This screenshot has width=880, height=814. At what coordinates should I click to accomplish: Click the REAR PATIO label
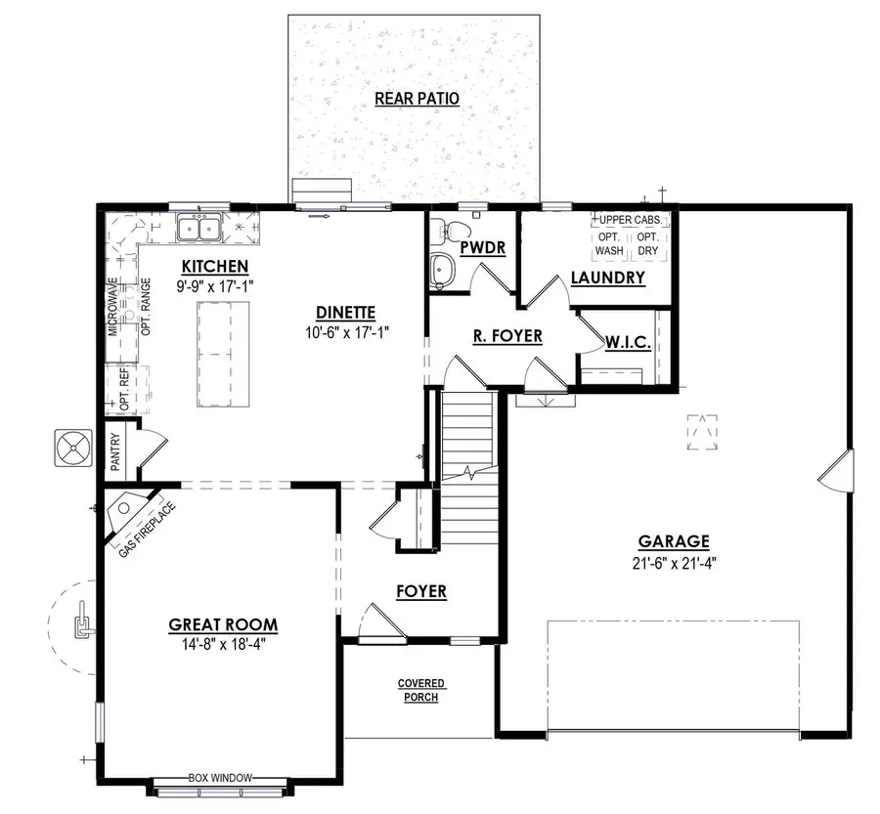[418, 99]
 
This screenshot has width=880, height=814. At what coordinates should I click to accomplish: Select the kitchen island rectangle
[223, 346]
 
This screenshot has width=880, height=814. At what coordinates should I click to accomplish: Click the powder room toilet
[449, 232]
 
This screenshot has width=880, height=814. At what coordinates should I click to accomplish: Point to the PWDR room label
[482, 248]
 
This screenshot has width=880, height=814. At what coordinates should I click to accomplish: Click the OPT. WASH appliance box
[610, 244]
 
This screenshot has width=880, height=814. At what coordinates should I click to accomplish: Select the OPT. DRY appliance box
[647, 244]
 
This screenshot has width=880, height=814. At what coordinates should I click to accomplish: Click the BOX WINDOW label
[220, 778]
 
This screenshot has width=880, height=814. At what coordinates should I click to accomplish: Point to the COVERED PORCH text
[421, 690]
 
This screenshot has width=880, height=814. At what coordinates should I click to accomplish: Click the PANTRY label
[114, 452]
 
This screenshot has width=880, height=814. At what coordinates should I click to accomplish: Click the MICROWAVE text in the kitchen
[113, 307]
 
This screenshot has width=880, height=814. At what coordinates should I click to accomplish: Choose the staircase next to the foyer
[467, 440]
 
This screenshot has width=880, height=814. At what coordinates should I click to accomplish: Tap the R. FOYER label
[507, 336]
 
